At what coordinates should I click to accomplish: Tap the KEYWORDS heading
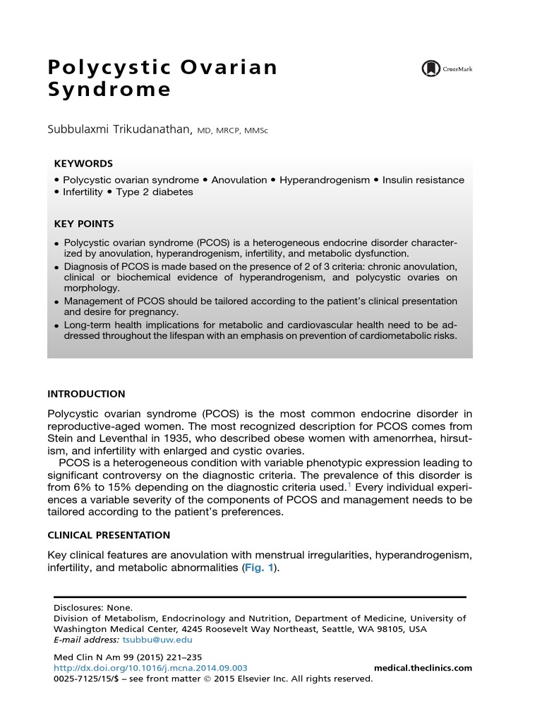pos(83,163)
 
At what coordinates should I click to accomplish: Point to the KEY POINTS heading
pos(84,224)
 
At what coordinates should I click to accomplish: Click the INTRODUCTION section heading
pos(86,394)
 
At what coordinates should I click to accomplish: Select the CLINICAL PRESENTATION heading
pos(109,535)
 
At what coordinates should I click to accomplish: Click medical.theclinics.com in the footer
pos(422,668)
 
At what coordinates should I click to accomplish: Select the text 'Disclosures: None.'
pos(93,607)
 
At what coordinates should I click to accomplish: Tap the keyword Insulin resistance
pos(423,180)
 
